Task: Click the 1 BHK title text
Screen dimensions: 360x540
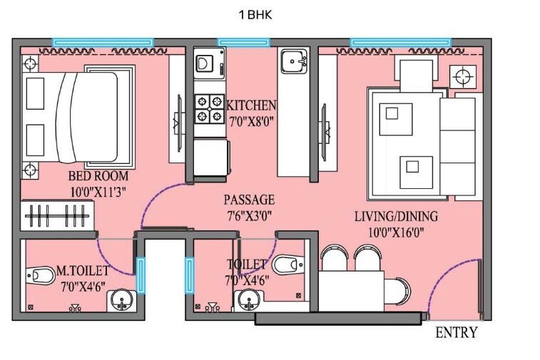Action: (x=255, y=14)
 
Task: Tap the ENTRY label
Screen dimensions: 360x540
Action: (x=456, y=333)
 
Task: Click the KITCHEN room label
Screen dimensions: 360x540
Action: (x=251, y=106)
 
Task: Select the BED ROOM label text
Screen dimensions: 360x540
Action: (x=98, y=176)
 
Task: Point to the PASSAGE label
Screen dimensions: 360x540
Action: (x=248, y=200)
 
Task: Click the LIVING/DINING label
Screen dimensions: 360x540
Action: (x=396, y=216)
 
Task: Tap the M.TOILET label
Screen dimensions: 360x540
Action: (x=83, y=271)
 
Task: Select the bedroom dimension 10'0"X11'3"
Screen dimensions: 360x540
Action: (x=98, y=190)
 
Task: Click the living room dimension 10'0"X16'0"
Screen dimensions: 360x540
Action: (x=396, y=231)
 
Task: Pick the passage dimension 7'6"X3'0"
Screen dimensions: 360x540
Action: (x=248, y=215)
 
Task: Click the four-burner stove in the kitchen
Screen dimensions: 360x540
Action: (x=210, y=109)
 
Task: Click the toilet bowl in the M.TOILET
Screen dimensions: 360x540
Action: (x=41, y=274)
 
